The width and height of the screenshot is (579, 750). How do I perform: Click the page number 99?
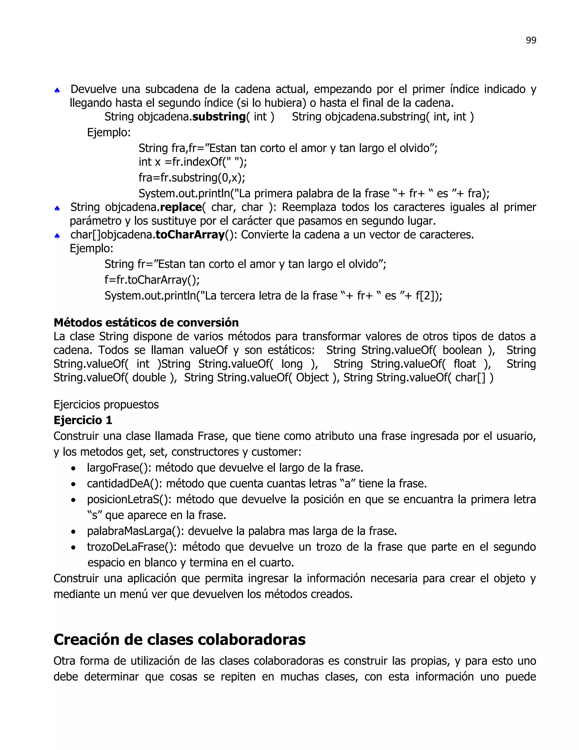(531, 40)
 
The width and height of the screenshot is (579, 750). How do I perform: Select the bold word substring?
(219, 117)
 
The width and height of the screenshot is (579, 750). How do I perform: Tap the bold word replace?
(181, 207)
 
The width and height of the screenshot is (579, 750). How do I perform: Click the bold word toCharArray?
(190, 235)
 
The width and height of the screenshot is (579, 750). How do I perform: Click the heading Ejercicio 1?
(83, 420)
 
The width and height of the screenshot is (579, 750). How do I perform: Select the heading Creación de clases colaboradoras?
(180, 639)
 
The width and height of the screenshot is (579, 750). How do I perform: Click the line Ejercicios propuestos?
(106, 404)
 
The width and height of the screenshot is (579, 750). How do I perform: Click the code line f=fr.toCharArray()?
(152, 280)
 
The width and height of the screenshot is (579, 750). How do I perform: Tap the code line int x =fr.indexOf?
(193, 162)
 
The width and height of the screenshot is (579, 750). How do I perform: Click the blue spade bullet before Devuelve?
(57, 90)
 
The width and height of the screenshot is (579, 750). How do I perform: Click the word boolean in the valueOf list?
(462, 350)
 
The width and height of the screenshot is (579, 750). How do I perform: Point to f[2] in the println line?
(425, 296)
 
